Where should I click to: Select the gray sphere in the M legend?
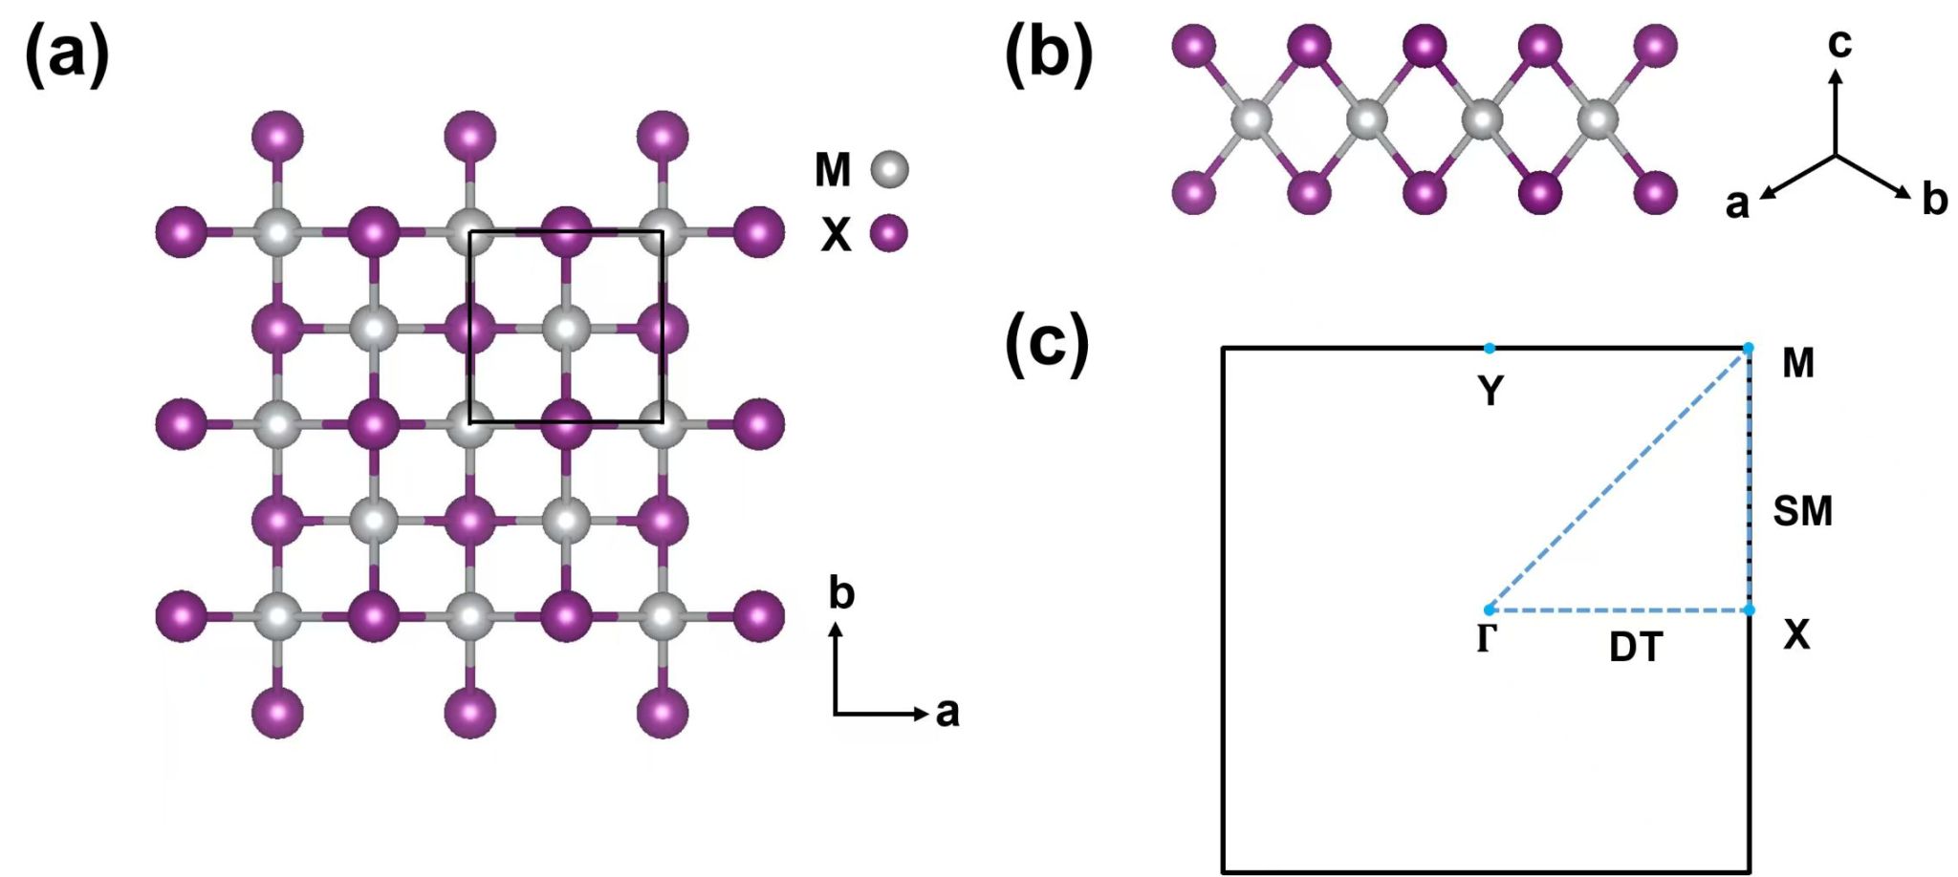coord(889,169)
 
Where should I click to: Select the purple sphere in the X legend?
coord(889,233)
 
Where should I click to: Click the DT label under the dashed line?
coord(1636,648)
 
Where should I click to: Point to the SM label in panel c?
coord(1802,511)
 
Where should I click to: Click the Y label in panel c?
coord(1490,391)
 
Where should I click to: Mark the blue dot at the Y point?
coord(1490,349)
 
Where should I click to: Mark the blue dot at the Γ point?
coord(1490,610)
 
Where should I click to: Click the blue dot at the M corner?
coord(1749,349)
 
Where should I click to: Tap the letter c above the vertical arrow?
coord(1839,43)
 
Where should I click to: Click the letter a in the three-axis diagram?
coord(1737,204)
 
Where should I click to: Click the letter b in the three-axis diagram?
coord(1934,200)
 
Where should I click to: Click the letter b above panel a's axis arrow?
coord(841,594)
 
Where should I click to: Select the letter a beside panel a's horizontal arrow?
coord(946,713)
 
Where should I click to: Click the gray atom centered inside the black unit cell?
coord(566,329)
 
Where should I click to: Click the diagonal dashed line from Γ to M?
coord(1619,480)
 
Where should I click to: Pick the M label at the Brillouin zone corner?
coord(1798,363)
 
